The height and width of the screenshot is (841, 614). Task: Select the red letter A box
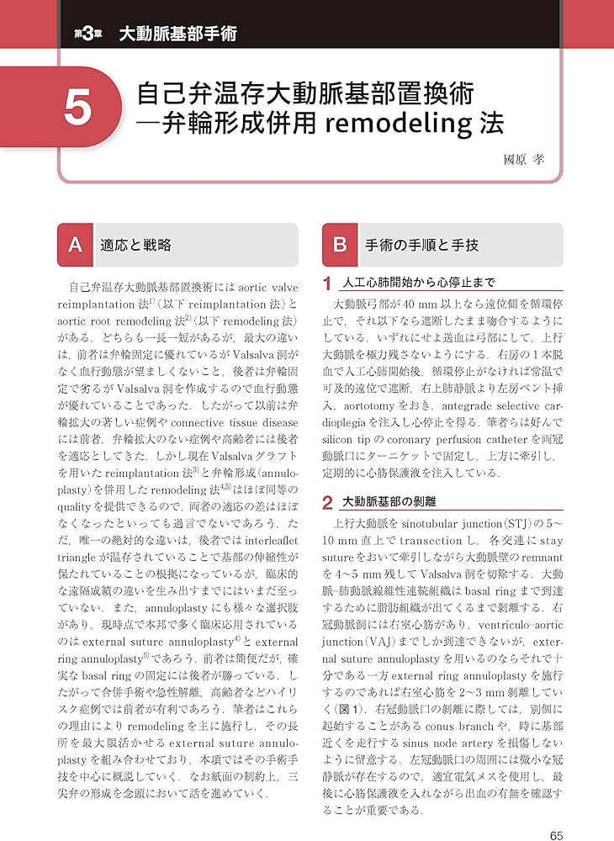point(74,245)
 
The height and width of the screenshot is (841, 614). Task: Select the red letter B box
point(340,245)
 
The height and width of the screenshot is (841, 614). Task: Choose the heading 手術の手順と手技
point(421,245)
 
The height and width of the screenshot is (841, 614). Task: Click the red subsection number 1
point(328,283)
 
